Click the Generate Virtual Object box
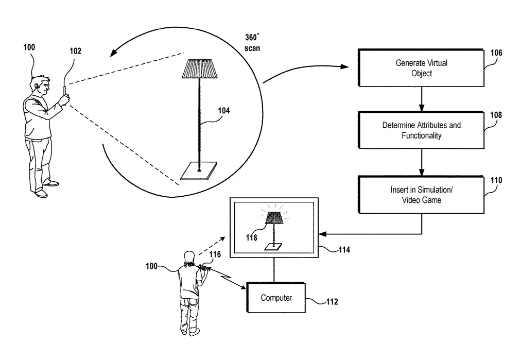(x=421, y=68)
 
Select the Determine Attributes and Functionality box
(x=421, y=130)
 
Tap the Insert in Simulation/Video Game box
(x=421, y=195)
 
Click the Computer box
(x=276, y=298)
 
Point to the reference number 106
(x=496, y=53)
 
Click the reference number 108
(x=496, y=115)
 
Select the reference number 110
(x=496, y=180)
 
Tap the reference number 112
(x=332, y=301)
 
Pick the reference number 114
(x=344, y=250)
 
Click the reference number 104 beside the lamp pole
(x=223, y=111)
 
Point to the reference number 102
(x=76, y=51)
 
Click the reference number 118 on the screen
(x=252, y=237)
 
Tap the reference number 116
(x=215, y=254)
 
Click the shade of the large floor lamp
(x=199, y=69)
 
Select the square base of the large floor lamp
(x=199, y=171)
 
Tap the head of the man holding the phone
(x=41, y=85)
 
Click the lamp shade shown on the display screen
(x=274, y=218)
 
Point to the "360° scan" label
(x=252, y=43)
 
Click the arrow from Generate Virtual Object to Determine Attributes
(x=421, y=99)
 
